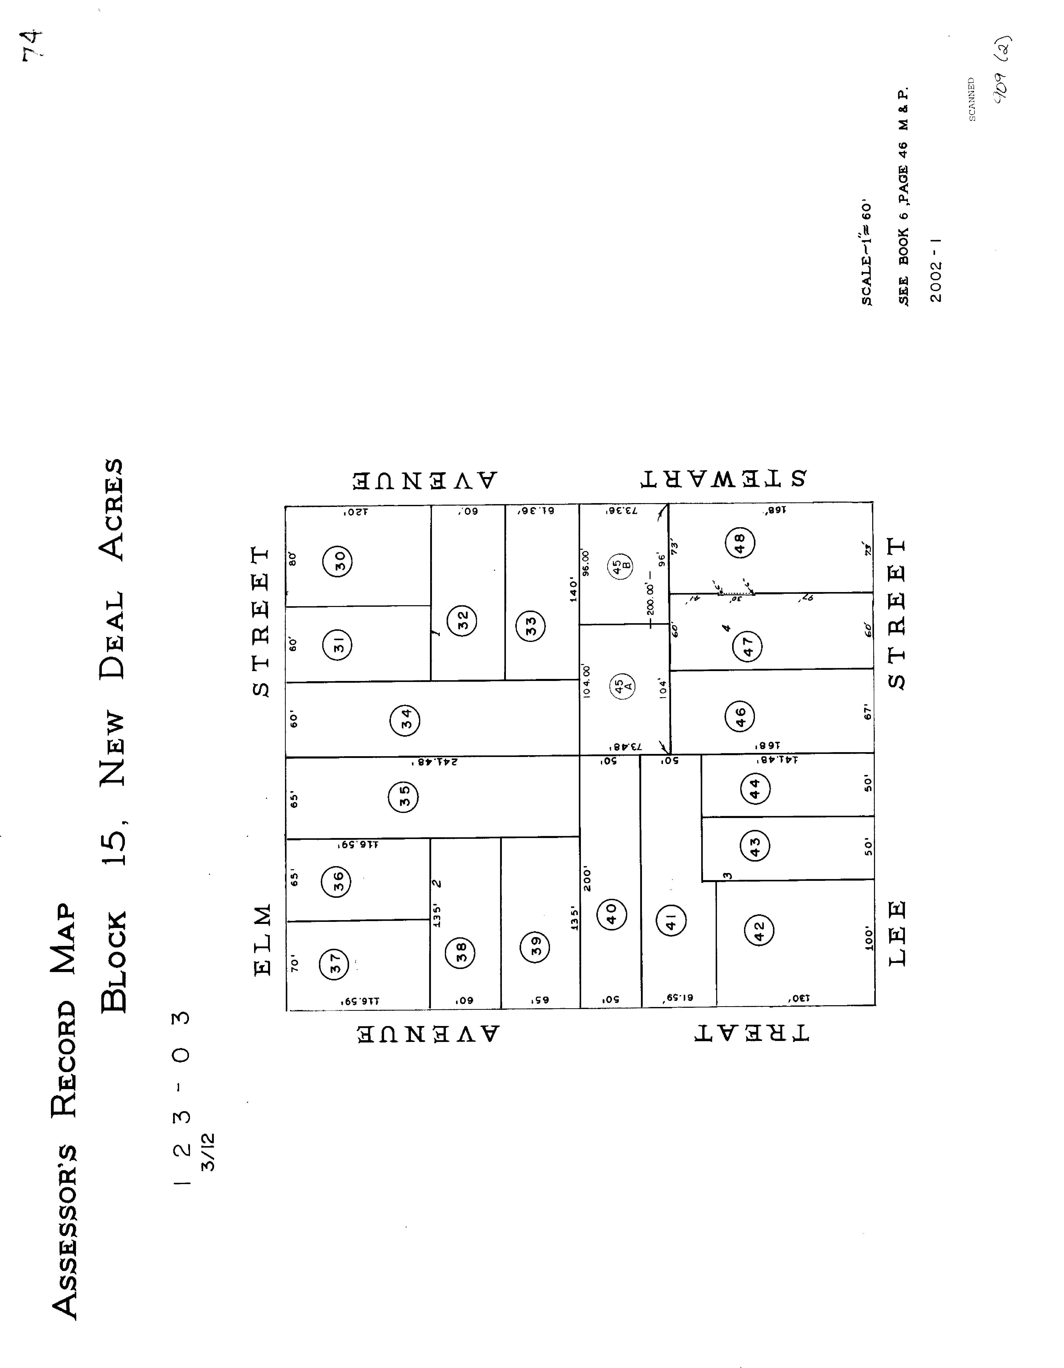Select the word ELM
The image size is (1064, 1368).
tap(263, 940)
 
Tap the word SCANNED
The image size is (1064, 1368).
tap(972, 99)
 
